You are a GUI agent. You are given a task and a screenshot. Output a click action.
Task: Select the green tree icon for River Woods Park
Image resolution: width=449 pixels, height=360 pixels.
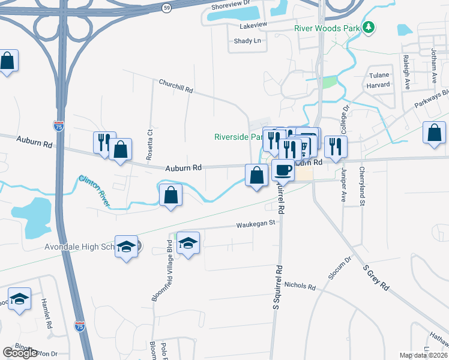pyautogui.click(x=370, y=27)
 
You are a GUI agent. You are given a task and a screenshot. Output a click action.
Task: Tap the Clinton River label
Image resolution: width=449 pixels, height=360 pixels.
pyautogui.click(x=95, y=190)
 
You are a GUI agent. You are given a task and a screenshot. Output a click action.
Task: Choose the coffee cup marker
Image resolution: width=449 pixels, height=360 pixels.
pyautogui.click(x=283, y=170)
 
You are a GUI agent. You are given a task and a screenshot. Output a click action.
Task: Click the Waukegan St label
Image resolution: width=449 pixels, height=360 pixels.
pyautogui.click(x=255, y=223)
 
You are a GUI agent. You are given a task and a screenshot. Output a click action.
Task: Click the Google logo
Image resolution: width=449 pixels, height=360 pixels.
pyautogui.click(x=20, y=353)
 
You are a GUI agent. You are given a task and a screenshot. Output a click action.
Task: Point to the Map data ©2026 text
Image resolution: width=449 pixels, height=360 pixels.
pyautogui.click(x=423, y=355)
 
